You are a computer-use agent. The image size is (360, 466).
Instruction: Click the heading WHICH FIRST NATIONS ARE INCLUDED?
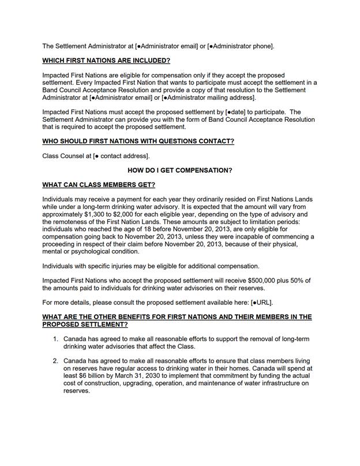[106, 60]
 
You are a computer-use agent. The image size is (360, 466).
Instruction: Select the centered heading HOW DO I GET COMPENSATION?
[180, 170]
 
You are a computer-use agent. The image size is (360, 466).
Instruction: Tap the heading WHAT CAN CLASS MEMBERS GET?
[99, 185]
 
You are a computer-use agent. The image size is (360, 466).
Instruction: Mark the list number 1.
[55, 339]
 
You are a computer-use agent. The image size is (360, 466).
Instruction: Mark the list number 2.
[55, 361]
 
